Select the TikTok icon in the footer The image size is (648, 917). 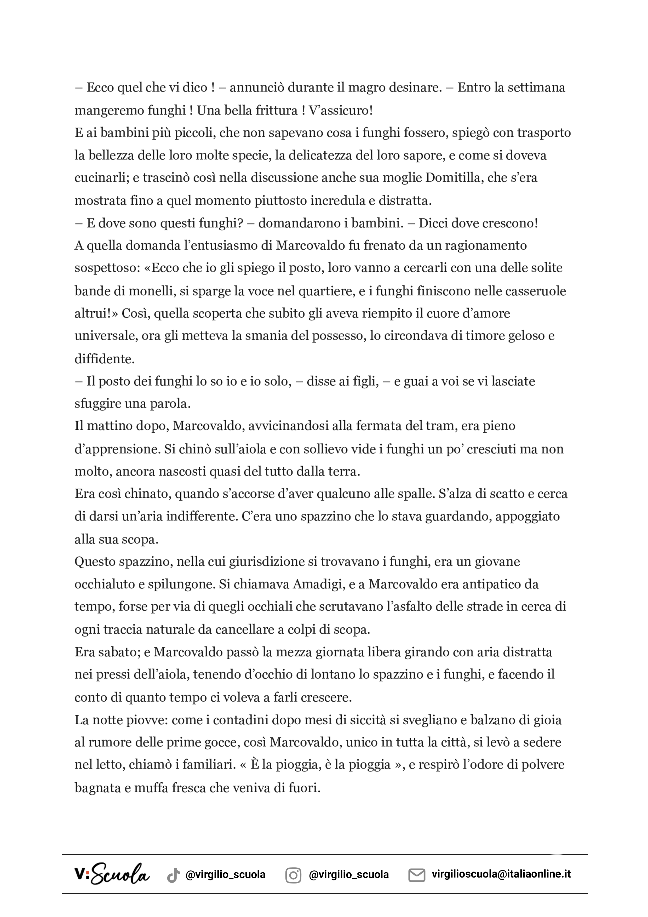click(173, 875)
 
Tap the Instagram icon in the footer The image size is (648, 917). click(293, 875)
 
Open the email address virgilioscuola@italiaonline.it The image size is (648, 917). click(501, 874)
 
